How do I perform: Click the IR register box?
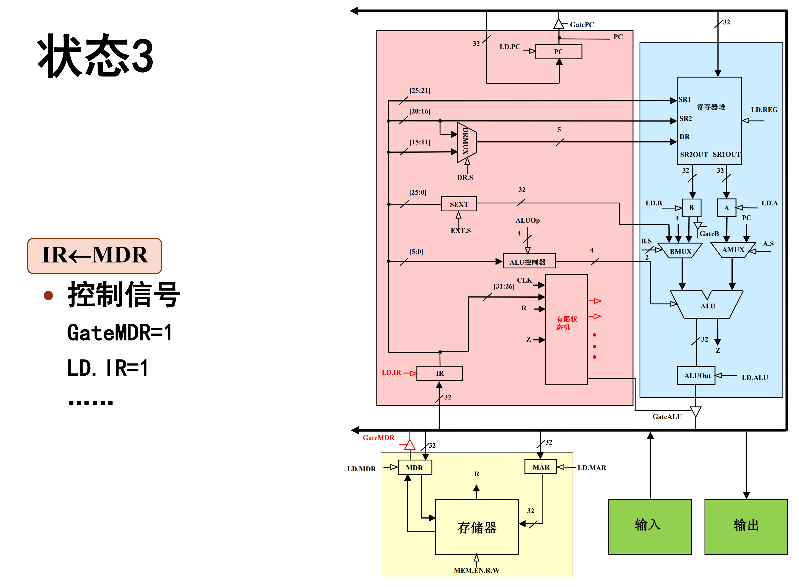[x=439, y=373]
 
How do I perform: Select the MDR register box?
[x=414, y=467]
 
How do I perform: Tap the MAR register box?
[x=540, y=467]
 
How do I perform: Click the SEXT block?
[x=459, y=204]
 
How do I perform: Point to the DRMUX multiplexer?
[x=466, y=142]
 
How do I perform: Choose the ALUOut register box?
[x=696, y=376]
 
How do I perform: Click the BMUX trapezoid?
[x=680, y=251]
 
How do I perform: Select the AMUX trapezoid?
[x=732, y=250]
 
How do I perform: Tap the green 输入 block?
[x=649, y=526]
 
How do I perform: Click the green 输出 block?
[x=746, y=527]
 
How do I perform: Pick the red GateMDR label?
[x=378, y=438]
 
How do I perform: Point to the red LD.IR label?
[x=391, y=373]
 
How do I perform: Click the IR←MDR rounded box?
[x=94, y=255]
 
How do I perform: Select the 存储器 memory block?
[x=476, y=527]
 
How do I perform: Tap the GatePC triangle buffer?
[x=558, y=24]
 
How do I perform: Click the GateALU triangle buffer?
[x=695, y=411]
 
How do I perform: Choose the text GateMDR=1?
[x=119, y=333]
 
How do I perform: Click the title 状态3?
[x=95, y=56]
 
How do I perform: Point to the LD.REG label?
[x=764, y=110]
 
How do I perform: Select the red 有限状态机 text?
[x=566, y=323]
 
